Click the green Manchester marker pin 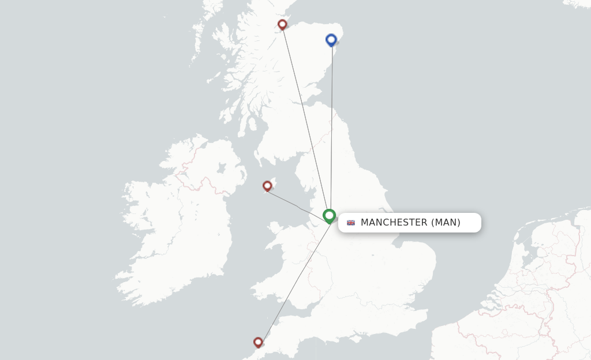(x=329, y=216)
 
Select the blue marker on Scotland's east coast (x=331, y=39)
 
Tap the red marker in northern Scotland (x=282, y=24)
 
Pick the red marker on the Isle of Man (x=267, y=186)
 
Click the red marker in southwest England (x=258, y=342)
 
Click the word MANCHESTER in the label (x=394, y=223)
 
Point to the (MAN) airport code (x=446, y=223)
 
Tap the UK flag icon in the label (x=351, y=223)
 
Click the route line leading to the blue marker (x=331, y=127)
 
